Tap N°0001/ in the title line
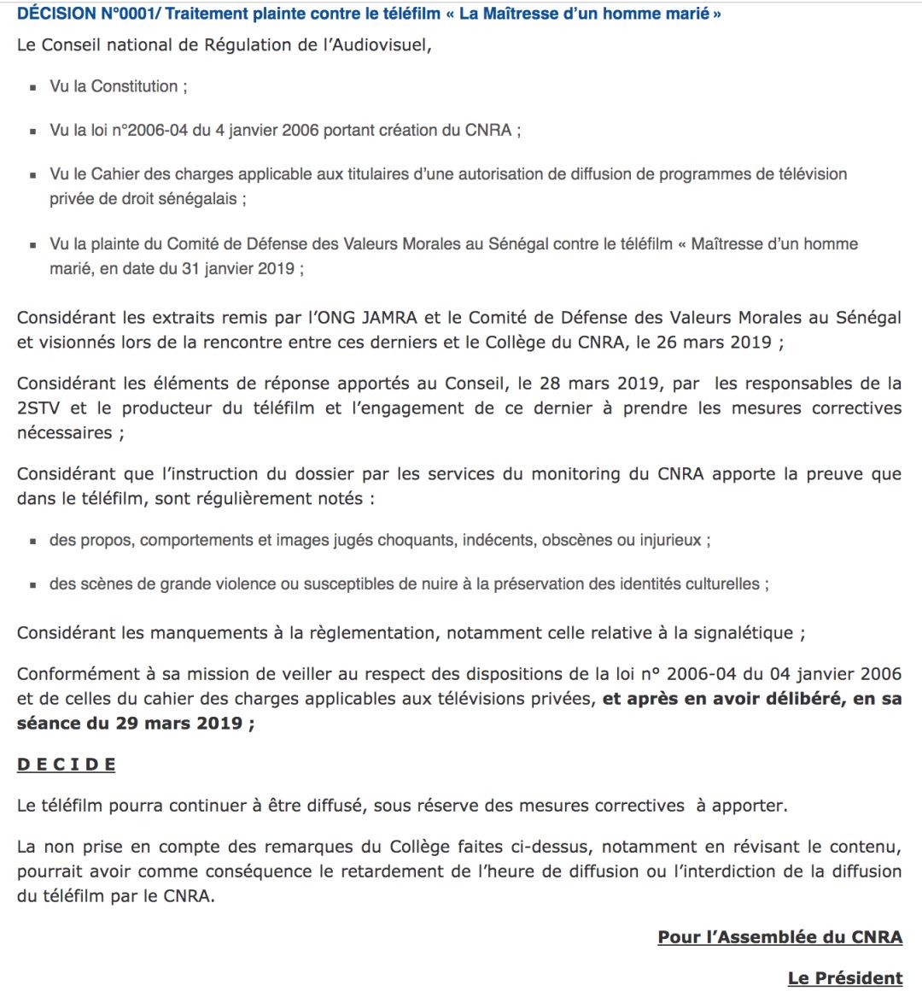[131, 14]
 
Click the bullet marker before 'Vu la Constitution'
[33, 87]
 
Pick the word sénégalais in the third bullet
[196, 198]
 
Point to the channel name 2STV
[40, 408]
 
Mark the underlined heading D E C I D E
[66, 765]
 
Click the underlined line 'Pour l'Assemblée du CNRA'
[779, 937]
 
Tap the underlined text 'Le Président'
[844, 978]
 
